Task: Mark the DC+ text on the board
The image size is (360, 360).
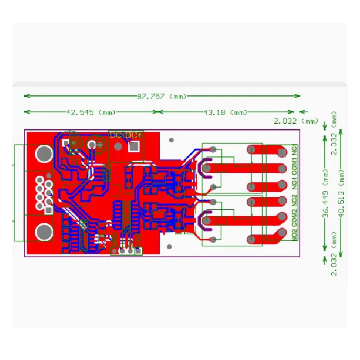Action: (x=133, y=135)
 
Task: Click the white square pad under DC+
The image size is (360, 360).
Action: (x=134, y=146)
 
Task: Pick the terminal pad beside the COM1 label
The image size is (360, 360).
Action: (x=283, y=169)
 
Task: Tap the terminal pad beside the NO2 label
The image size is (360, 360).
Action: (x=283, y=233)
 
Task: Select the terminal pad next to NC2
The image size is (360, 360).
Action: (x=283, y=200)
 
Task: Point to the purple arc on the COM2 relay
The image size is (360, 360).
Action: (x=203, y=219)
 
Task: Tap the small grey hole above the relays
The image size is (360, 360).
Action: (x=171, y=140)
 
